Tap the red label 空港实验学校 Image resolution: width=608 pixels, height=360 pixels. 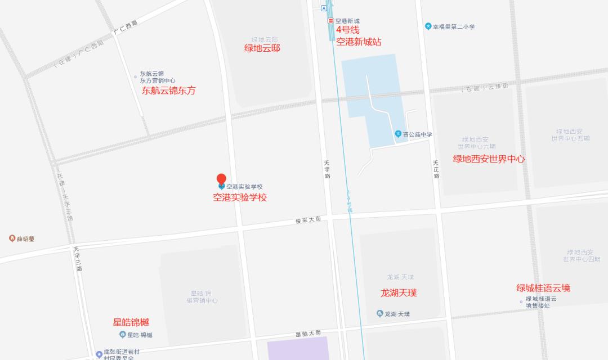point(239,197)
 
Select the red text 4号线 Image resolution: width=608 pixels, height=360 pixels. point(347,30)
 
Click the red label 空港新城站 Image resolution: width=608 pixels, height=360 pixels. point(359,42)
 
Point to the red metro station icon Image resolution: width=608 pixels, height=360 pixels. point(330,21)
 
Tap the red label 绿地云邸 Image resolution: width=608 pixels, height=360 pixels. point(262,48)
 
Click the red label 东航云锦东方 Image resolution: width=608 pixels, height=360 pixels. point(168,91)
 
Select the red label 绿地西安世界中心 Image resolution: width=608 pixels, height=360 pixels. point(489,159)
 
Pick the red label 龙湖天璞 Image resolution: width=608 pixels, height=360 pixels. point(399,293)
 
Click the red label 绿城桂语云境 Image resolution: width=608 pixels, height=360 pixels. point(543,288)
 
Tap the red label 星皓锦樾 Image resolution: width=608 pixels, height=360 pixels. point(131,322)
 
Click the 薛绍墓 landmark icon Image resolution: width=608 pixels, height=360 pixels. point(12,238)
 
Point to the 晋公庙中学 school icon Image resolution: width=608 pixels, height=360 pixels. point(397,134)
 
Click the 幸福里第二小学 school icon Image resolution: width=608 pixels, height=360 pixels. point(428,26)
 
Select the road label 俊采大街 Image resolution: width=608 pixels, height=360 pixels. point(308,220)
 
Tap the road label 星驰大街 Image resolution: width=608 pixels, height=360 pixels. point(307,334)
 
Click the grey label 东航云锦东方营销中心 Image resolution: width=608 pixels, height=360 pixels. point(158,77)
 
